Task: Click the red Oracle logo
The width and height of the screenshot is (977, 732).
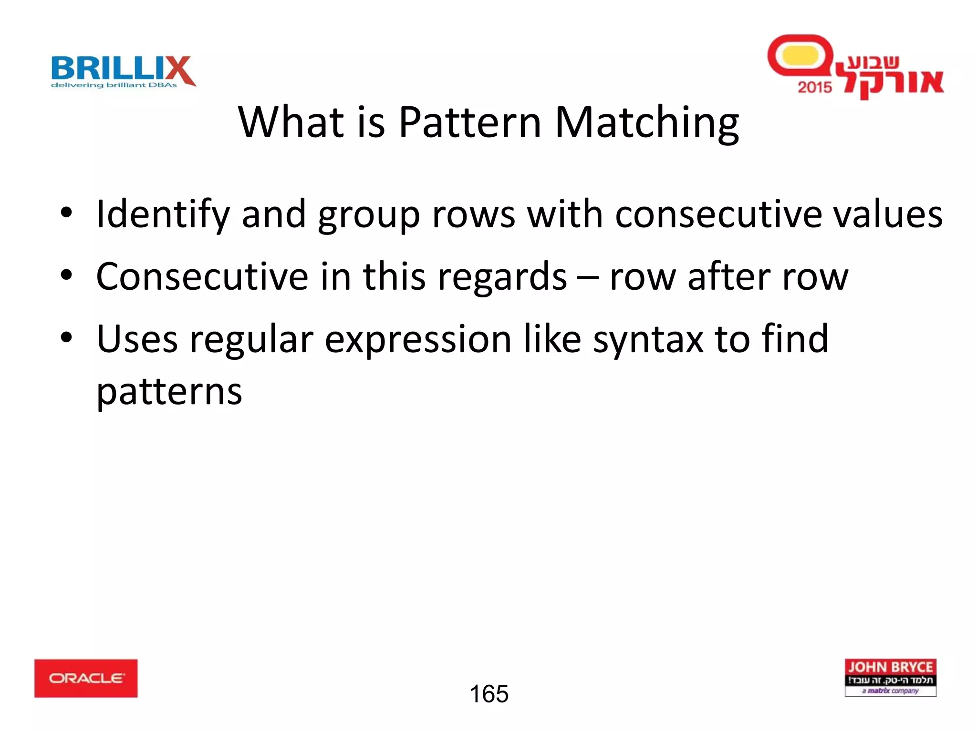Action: [x=86, y=678]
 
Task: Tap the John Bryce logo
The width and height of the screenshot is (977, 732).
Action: [x=890, y=677]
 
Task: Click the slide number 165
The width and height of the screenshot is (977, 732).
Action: [x=489, y=694]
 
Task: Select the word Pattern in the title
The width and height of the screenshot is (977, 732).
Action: [x=470, y=122]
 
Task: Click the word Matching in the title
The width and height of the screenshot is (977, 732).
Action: [x=647, y=123]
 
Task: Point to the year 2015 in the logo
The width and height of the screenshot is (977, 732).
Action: [x=814, y=87]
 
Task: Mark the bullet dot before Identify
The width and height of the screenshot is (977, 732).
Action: [x=66, y=213]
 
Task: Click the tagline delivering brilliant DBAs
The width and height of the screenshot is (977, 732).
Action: [x=114, y=85]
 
